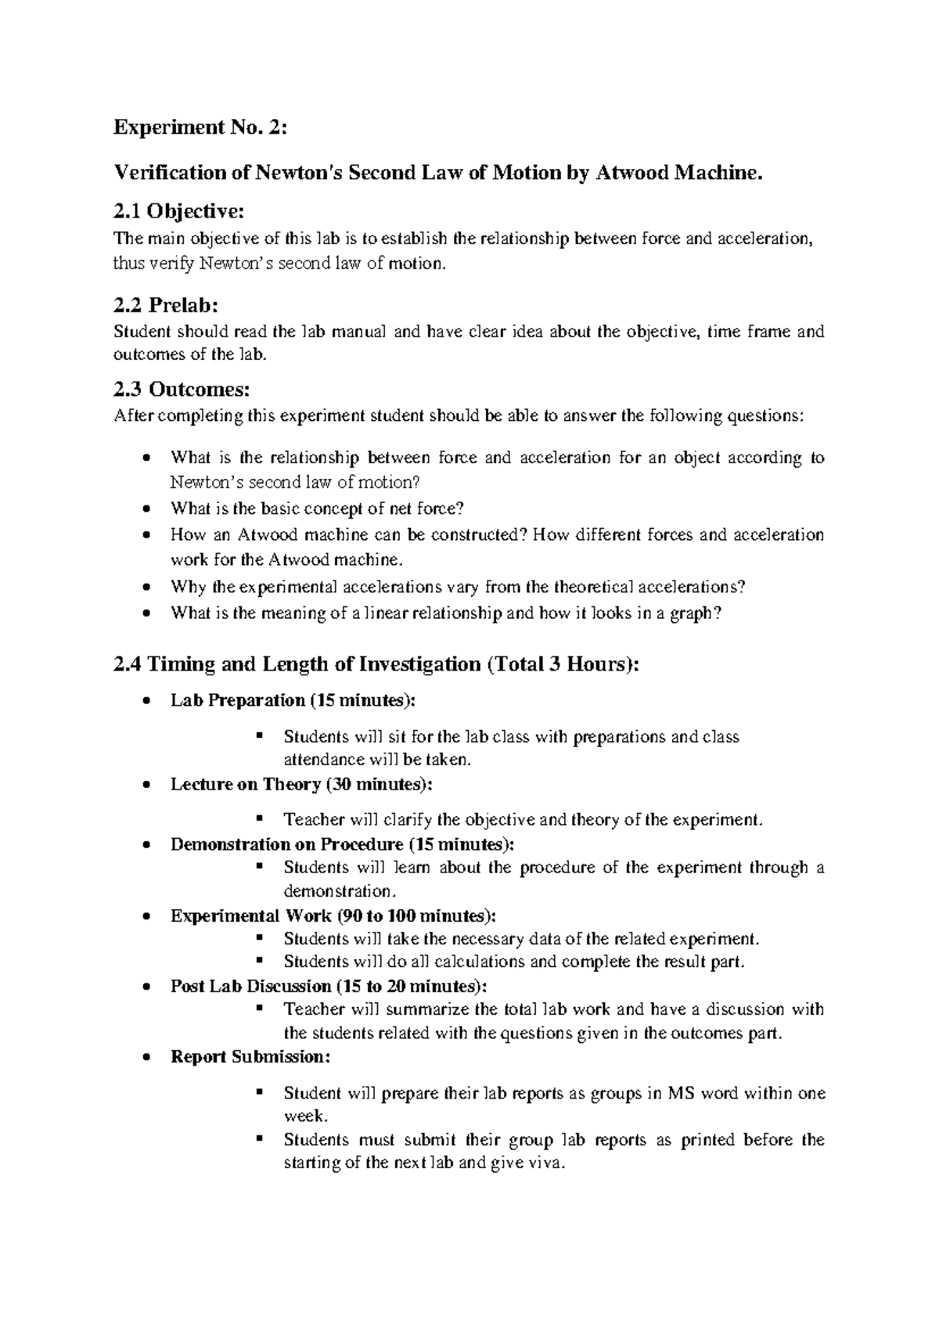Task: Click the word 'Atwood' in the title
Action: click(x=631, y=172)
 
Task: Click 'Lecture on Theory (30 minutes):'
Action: click(x=300, y=784)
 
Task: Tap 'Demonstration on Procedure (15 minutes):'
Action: click(x=343, y=844)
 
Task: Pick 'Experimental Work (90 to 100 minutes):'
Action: click(x=333, y=915)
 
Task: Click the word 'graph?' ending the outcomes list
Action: click(x=695, y=613)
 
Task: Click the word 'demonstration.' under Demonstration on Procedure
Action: click(x=340, y=891)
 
